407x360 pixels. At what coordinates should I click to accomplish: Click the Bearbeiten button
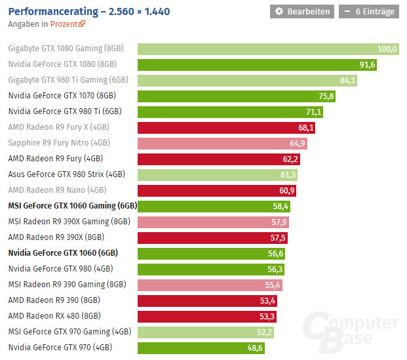[x=301, y=11]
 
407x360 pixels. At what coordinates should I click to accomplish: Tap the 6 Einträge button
[x=368, y=11]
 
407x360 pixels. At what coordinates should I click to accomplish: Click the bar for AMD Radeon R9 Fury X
[x=226, y=127]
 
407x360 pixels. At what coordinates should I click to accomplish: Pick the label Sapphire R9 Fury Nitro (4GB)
[x=59, y=143]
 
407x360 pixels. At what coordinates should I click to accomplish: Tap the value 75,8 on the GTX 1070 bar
[x=326, y=96]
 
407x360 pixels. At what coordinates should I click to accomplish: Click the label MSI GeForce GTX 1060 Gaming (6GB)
[x=72, y=206]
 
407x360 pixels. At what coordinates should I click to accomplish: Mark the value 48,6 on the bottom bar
[x=255, y=348]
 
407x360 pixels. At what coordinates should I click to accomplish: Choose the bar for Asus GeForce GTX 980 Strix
[x=218, y=174]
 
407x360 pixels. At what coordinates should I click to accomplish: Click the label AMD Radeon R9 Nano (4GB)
[x=57, y=190]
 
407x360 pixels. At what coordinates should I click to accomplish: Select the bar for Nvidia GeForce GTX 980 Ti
[x=230, y=111]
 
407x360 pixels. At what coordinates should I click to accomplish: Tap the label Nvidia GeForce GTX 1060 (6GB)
[x=62, y=253]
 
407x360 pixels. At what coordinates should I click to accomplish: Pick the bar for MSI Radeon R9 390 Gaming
[x=210, y=285]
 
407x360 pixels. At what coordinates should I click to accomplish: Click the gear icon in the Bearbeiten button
[x=279, y=11]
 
